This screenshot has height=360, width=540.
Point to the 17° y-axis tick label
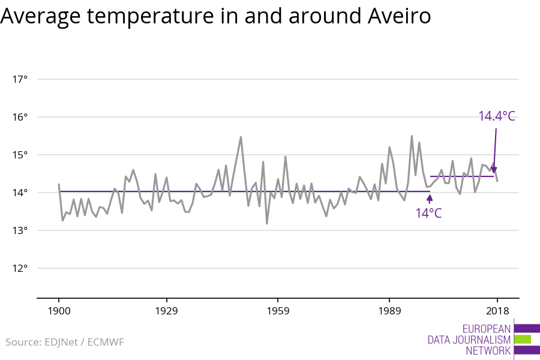click(x=20, y=79)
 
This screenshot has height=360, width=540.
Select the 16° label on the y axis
click(x=20, y=117)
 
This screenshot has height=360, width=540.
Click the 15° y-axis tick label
click(x=20, y=155)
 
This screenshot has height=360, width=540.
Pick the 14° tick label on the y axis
click(x=20, y=193)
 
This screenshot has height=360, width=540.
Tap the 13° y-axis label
click(x=20, y=230)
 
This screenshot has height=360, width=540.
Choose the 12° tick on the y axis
click(x=20, y=268)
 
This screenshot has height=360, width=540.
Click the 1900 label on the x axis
click(x=59, y=311)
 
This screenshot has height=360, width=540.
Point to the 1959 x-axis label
click(x=278, y=311)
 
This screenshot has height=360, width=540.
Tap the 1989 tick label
click(x=389, y=311)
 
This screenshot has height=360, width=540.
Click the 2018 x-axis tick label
click(x=497, y=311)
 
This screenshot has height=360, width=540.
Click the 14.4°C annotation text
click(x=497, y=116)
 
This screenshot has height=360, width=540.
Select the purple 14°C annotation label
click(x=428, y=213)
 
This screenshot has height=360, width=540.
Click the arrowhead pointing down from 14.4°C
click(x=494, y=170)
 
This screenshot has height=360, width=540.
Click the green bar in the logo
click(x=523, y=339)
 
